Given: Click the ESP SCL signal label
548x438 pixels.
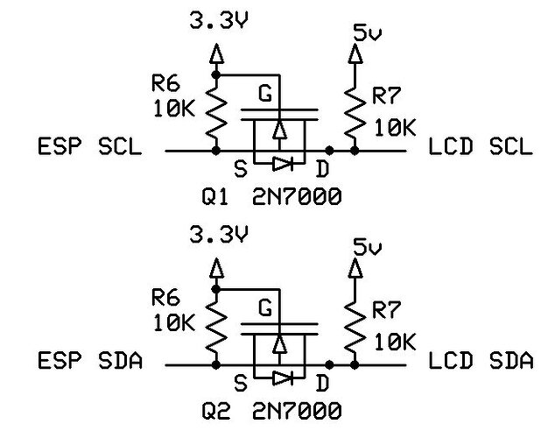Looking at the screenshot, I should click(88, 146).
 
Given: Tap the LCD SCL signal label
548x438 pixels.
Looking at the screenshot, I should click(481, 146).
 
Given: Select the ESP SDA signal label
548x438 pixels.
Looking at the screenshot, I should click(88, 360).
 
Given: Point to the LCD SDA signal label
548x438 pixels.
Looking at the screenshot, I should click(481, 360).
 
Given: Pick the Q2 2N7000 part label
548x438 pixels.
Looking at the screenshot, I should click(270, 410).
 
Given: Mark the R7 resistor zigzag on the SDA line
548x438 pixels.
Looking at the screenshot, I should click(354, 330).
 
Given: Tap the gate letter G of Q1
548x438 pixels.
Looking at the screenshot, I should click(265, 92).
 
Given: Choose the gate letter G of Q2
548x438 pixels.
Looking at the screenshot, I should click(265, 307).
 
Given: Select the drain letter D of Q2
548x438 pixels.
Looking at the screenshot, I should click(323, 383).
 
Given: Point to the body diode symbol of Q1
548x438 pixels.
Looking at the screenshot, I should click(279, 162).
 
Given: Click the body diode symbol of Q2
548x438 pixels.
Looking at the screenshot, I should click(279, 377).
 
